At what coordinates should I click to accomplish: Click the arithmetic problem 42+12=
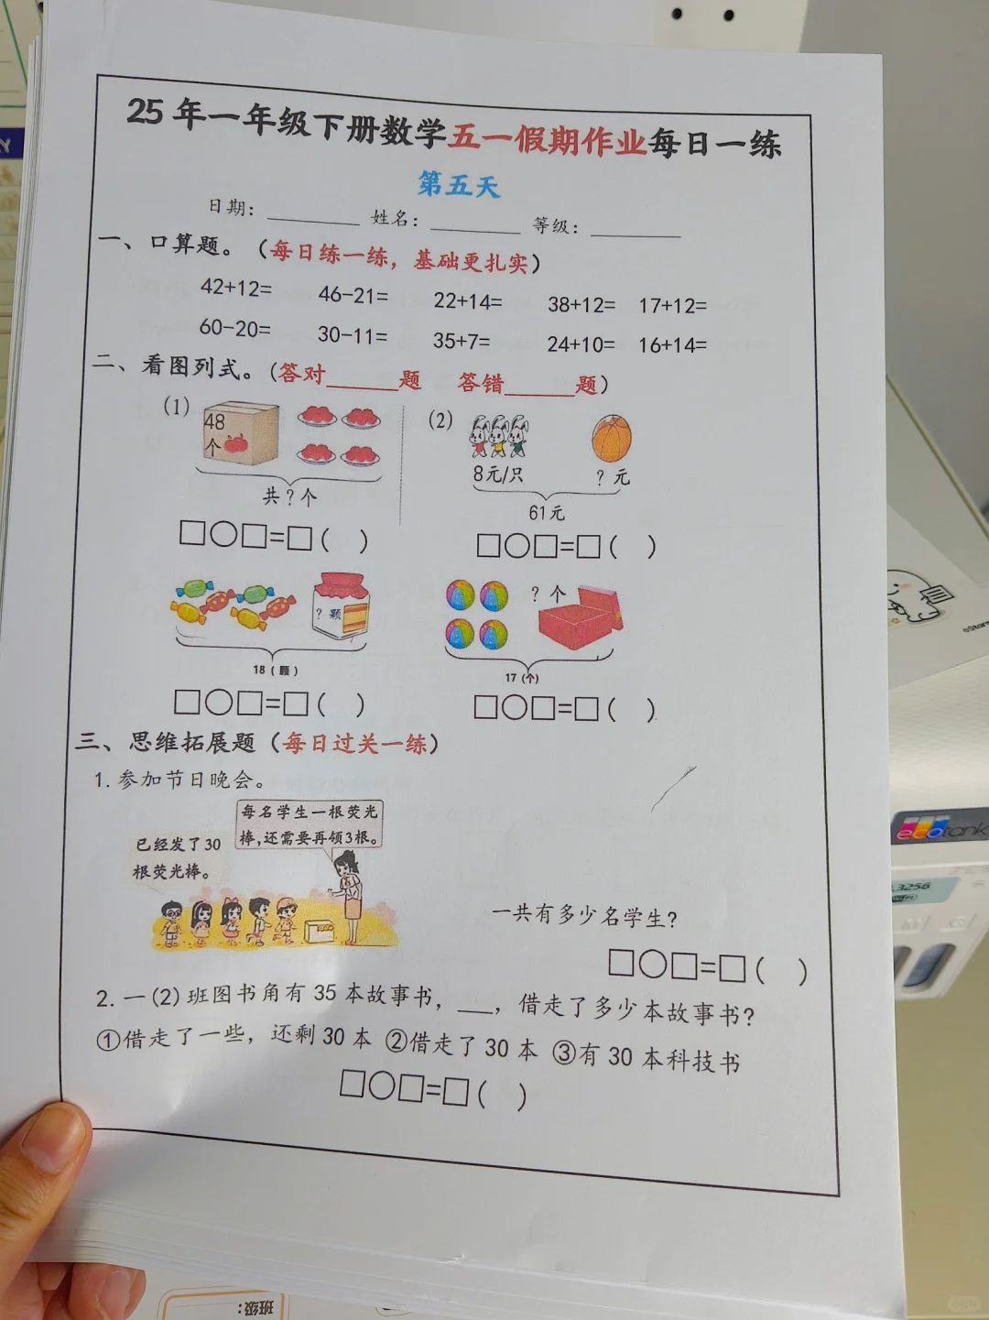(236, 288)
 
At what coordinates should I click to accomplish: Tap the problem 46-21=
(353, 295)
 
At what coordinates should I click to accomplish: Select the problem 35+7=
(462, 341)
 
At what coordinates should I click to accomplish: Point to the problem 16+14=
(673, 345)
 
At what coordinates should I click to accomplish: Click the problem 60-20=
(235, 328)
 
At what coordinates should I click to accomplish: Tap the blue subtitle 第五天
(459, 184)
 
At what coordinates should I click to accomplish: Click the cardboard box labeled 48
(241, 432)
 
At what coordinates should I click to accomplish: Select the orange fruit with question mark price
(612, 438)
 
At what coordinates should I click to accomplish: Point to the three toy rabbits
(498, 436)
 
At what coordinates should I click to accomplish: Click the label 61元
(547, 513)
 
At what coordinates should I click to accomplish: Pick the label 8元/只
(498, 475)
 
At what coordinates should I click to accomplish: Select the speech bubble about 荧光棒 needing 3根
(310, 824)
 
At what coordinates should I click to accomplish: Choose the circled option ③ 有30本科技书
(647, 1058)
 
